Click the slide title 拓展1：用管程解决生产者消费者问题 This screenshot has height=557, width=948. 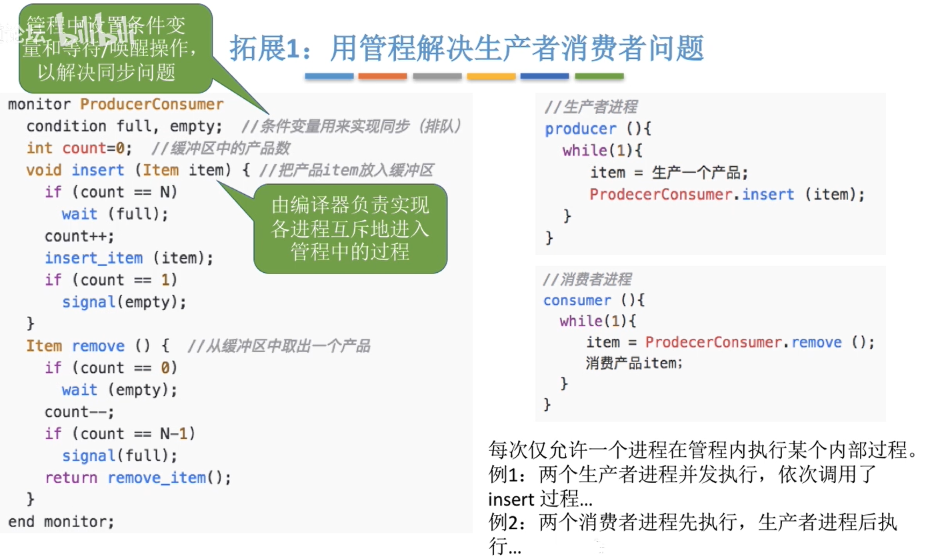coord(467,48)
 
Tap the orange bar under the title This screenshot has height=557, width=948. coord(383,77)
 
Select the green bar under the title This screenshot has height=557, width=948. coord(599,77)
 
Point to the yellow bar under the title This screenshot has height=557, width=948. coord(491,77)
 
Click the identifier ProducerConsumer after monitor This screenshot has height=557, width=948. coord(151,105)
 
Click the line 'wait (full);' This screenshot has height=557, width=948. coord(115,215)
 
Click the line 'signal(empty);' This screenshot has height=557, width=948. coord(124,302)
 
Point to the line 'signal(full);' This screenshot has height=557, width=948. coord(120,456)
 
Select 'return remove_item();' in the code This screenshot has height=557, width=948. coord(138,478)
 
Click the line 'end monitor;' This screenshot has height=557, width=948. coord(61,522)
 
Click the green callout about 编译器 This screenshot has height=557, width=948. coord(350,228)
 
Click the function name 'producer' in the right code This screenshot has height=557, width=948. coord(571,129)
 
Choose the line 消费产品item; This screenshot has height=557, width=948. coord(635,363)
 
